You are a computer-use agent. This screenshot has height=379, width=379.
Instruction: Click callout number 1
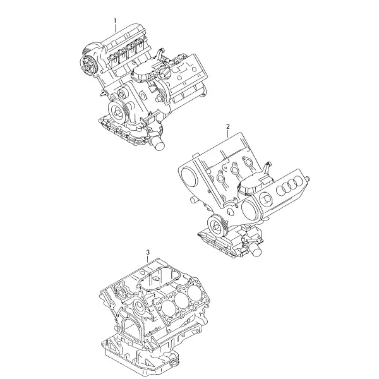coord(116,21)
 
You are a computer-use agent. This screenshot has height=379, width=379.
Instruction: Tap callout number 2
coord(227,126)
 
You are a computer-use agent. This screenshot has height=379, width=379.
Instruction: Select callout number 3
coord(148,252)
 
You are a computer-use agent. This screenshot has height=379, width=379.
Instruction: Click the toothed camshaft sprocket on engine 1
coord(88,66)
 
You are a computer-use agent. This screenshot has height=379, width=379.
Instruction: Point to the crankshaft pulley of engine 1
coord(118,111)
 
